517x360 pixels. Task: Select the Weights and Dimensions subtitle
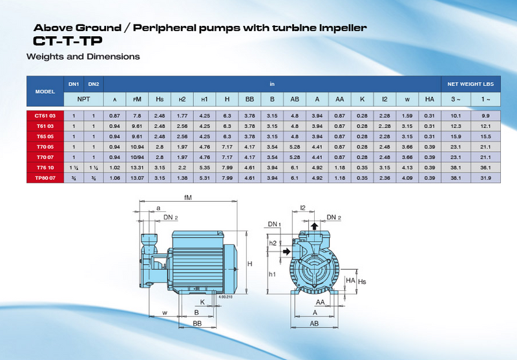(83, 57)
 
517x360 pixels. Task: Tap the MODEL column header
(45, 91)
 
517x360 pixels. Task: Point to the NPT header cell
(83, 99)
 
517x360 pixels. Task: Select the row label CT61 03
(45, 115)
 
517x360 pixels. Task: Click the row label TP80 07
(45, 178)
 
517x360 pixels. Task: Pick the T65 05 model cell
(45, 136)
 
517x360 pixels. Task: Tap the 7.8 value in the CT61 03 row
(137, 115)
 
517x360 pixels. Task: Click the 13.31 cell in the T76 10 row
(137, 167)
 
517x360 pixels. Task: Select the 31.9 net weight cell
(485, 178)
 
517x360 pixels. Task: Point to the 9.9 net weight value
(485, 115)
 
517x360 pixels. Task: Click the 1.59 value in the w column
(407, 115)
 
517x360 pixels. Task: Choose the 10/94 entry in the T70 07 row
(137, 157)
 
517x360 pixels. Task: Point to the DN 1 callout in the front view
(274, 224)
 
